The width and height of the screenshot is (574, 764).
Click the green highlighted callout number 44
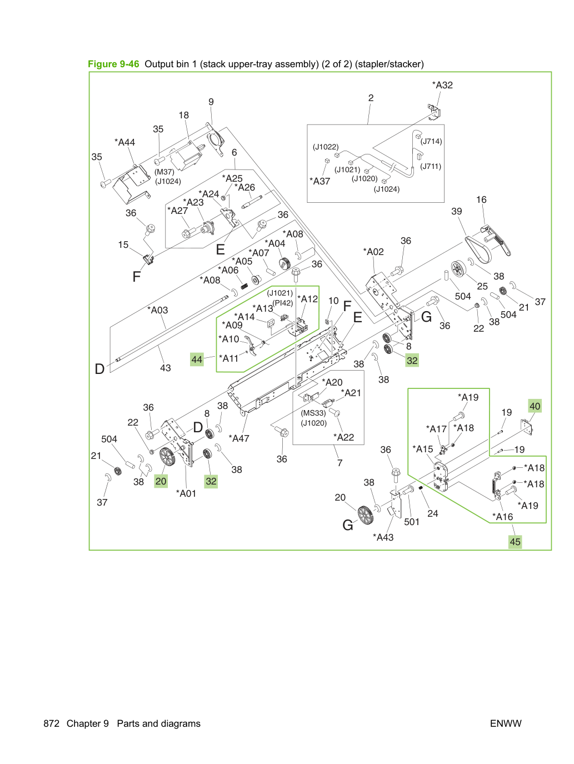(197, 359)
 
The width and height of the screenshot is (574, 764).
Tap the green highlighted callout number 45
(515, 542)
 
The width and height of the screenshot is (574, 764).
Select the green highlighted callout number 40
(535, 406)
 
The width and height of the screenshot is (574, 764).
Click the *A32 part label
(442, 85)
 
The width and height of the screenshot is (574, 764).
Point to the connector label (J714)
(431, 141)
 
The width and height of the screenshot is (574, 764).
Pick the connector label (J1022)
(326, 147)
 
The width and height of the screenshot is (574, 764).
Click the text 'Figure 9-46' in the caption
(113, 64)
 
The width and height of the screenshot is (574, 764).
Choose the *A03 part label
(158, 310)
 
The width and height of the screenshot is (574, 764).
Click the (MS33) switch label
(313, 413)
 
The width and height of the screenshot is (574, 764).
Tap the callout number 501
(412, 522)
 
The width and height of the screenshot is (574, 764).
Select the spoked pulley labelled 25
(458, 269)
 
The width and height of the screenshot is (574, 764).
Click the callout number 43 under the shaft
(166, 368)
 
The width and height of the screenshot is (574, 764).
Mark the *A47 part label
(239, 438)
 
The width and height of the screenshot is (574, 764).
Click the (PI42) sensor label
(282, 303)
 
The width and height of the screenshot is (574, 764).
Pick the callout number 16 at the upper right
(481, 200)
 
